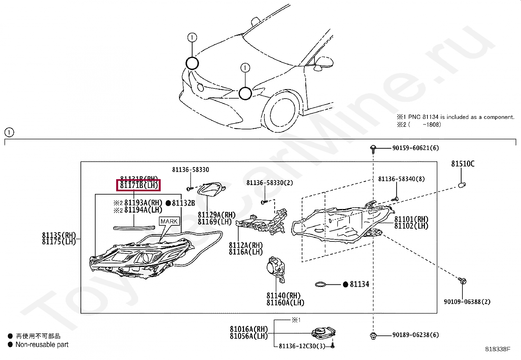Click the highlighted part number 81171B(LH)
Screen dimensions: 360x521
tap(139, 185)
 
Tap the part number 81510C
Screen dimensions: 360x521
tap(462, 164)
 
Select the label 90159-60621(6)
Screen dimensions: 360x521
tap(415, 148)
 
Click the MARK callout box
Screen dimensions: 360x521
tap(169, 221)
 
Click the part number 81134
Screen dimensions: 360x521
tap(359, 284)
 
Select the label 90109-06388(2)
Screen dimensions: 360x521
tap(467, 302)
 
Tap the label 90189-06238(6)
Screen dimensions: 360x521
tap(415, 335)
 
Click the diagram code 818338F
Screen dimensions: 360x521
tap(497, 349)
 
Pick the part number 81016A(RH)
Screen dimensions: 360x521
tap(249, 329)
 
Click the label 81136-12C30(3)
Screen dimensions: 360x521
tap(302, 346)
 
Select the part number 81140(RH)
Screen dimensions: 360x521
tap(283, 296)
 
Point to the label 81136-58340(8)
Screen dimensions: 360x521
tap(401, 179)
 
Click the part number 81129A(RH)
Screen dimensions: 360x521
tap(216, 215)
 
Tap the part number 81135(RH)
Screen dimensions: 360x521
tap(59, 235)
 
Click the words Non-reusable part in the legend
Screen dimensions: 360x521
tap(42, 345)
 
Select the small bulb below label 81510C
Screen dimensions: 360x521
tap(461, 185)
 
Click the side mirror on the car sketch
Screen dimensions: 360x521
tap(324, 63)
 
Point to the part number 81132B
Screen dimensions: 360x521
tap(183, 203)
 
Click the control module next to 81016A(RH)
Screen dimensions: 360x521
tap(323, 333)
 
